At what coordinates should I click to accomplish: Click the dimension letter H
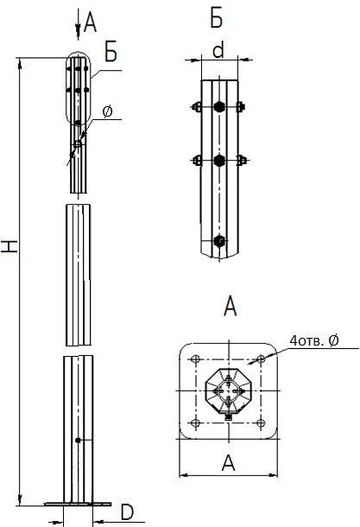click(x=9, y=246)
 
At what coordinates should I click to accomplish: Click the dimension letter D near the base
click(x=127, y=512)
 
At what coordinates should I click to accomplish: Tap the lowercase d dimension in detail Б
click(x=218, y=51)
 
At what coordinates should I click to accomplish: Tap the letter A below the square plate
click(x=229, y=463)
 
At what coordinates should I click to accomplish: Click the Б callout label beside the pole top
click(x=111, y=52)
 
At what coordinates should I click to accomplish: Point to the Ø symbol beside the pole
click(x=107, y=111)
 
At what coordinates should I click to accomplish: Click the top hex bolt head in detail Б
click(x=218, y=108)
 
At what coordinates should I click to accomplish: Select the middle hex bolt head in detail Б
click(x=218, y=161)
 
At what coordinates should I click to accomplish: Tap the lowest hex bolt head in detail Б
click(x=218, y=241)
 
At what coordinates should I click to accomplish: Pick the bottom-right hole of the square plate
click(x=260, y=422)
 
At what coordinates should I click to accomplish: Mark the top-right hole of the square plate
click(x=260, y=359)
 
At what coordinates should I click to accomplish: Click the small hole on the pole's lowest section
click(x=78, y=441)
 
